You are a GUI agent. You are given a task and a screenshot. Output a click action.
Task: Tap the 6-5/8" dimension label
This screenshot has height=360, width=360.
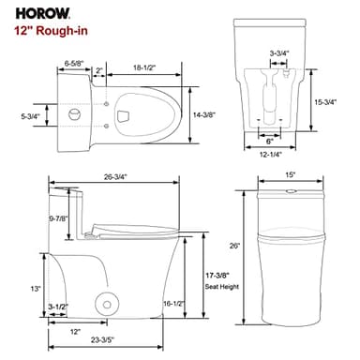77,66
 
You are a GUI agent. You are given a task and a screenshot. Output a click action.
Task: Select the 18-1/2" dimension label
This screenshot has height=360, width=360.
143,68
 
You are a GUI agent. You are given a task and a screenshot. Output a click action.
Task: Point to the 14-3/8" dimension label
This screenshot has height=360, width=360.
204,113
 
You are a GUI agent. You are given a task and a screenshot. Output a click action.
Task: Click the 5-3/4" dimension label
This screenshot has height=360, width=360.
30,116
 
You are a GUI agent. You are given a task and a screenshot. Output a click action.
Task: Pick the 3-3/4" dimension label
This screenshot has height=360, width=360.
278,54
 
